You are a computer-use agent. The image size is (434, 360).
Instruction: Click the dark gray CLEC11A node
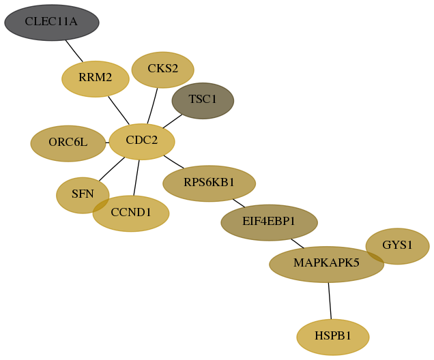pyautogui.click(x=52, y=22)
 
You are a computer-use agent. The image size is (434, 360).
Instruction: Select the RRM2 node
pyautogui.click(x=96, y=79)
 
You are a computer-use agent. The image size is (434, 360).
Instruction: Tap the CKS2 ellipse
pyautogui.click(x=162, y=70)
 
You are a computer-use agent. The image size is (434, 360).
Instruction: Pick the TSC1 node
pyautogui.click(x=203, y=101)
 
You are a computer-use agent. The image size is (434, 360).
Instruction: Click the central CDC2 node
pyautogui.click(x=142, y=142)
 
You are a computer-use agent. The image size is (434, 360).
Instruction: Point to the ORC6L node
pyautogui.click(x=68, y=143)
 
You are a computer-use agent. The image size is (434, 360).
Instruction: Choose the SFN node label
pyautogui.click(x=83, y=194)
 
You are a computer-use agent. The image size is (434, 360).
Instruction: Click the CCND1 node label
pyautogui.click(x=131, y=212)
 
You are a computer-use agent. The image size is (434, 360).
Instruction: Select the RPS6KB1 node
pyautogui.click(x=209, y=183)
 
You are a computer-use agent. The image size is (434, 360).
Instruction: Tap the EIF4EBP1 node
pyautogui.click(x=269, y=222)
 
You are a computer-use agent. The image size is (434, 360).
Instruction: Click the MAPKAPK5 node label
pyautogui.click(x=326, y=262)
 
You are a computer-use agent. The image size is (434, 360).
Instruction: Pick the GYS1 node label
pyautogui.click(x=397, y=245)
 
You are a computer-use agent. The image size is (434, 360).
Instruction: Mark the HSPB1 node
pyautogui.click(x=333, y=337)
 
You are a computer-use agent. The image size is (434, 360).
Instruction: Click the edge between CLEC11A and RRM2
pyautogui.click(x=74, y=51)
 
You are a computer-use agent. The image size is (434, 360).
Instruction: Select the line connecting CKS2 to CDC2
pyautogui.click(x=152, y=106)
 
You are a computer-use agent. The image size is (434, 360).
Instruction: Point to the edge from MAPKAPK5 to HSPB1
pyautogui.click(x=330, y=301)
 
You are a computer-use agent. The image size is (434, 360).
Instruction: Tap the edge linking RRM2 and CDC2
pyautogui.click(x=119, y=110)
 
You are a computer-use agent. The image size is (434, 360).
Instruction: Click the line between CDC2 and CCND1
pyautogui.click(x=136, y=178)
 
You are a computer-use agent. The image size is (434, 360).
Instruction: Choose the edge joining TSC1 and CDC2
pyautogui.click(x=173, y=121)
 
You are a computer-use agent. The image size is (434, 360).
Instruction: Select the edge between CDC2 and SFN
pyautogui.click(x=112, y=169)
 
